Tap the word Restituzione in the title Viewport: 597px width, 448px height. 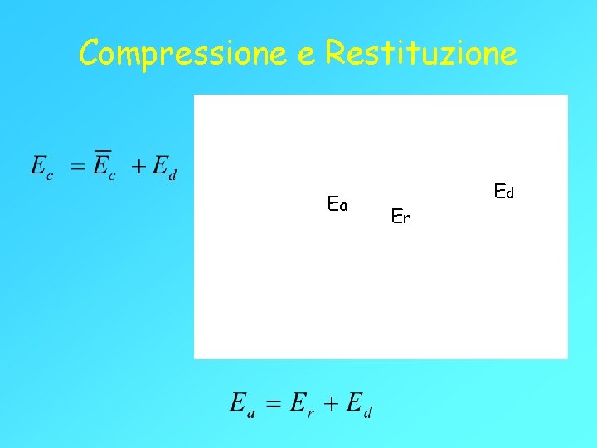click(421, 54)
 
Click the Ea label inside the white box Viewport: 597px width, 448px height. click(337, 203)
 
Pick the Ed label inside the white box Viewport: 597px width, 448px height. click(504, 192)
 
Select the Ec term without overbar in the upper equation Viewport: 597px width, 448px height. click(40, 167)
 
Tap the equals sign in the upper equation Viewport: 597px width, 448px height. click(77, 167)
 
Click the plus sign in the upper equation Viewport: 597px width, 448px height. click(138, 167)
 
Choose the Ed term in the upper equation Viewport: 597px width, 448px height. click(163, 167)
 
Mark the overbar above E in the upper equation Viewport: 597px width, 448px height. click(102, 152)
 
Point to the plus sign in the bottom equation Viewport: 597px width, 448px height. click(331, 404)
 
